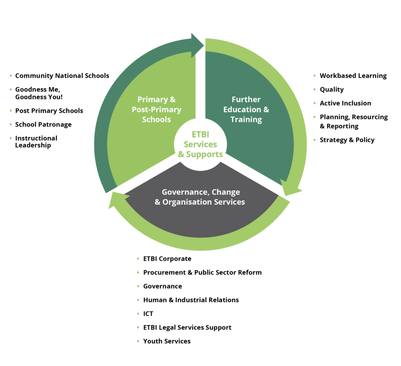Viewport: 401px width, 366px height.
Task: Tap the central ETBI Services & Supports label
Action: coord(200,144)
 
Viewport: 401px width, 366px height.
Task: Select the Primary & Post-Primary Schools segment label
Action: coord(156,109)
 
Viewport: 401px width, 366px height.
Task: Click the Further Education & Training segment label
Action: coord(246,109)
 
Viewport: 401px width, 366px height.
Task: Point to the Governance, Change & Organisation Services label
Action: coord(200,197)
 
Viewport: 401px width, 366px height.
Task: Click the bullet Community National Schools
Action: coord(62,76)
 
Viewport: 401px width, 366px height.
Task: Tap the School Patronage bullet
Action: coord(43,124)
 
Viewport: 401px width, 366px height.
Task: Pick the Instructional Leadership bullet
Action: coord(36,141)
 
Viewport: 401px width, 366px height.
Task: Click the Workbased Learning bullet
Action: coord(353,76)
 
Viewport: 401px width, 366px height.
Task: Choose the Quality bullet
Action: coord(331,89)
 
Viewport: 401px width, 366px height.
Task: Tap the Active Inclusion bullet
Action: coord(345,103)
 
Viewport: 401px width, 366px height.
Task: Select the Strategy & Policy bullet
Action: coord(347,140)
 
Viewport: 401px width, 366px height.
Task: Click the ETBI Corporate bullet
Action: coord(167,259)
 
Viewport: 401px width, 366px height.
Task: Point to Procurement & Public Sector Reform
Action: coord(202,272)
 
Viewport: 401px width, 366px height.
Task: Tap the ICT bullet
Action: coord(148,314)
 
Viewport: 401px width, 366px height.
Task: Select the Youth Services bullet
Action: coord(166,341)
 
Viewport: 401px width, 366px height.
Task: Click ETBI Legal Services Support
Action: coord(187,327)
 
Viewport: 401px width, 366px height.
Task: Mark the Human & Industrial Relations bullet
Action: coord(191,300)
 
